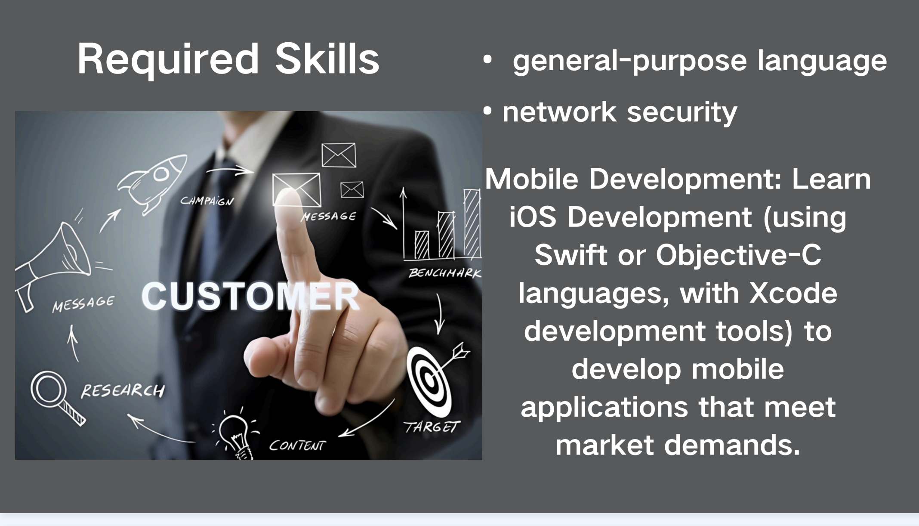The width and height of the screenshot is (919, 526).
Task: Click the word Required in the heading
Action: tap(168, 60)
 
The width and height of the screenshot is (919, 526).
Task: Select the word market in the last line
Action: tap(604, 445)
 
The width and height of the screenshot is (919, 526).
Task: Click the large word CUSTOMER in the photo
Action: tap(250, 296)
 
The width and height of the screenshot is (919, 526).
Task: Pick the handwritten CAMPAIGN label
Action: tap(207, 201)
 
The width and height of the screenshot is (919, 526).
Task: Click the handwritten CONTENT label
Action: tap(297, 446)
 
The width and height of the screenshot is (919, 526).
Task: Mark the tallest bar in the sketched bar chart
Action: tap(472, 224)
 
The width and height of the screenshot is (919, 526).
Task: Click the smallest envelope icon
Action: tap(352, 190)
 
